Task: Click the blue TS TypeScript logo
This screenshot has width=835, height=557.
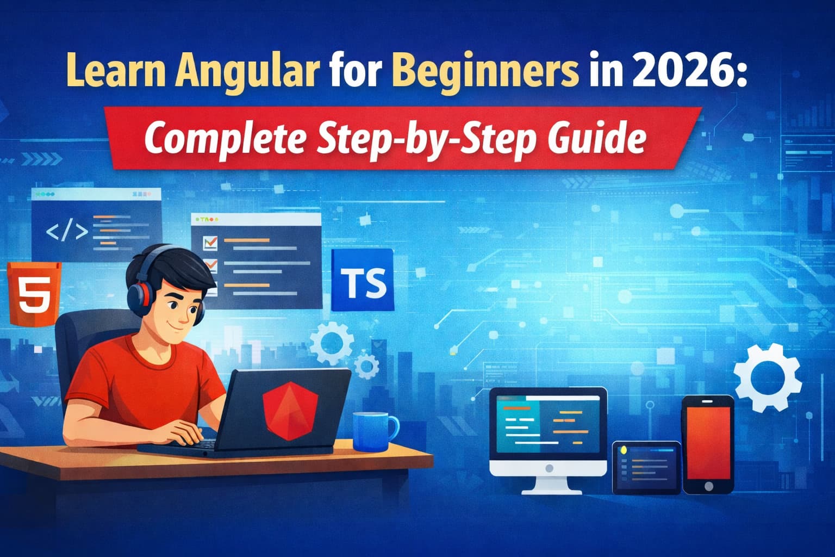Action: [x=362, y=281]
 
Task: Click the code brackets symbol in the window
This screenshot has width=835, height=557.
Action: [x=67, y=231]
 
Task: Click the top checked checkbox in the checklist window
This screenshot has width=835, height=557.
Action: [x=209, y=242]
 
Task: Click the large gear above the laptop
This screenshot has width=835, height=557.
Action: [x=331, y=342]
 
